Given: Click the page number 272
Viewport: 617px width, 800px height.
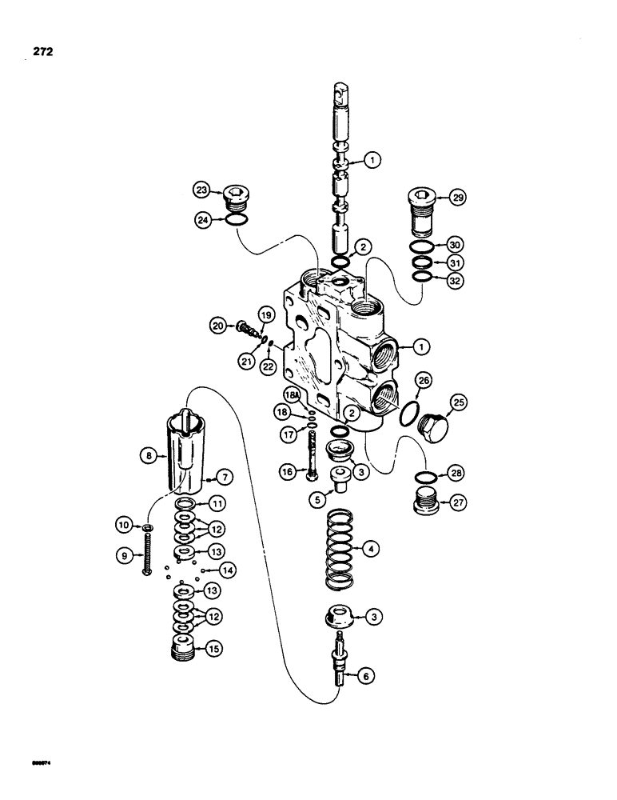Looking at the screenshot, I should tap(37, 53).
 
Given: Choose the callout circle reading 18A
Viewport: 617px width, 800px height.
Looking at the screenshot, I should tap(293, 395).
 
